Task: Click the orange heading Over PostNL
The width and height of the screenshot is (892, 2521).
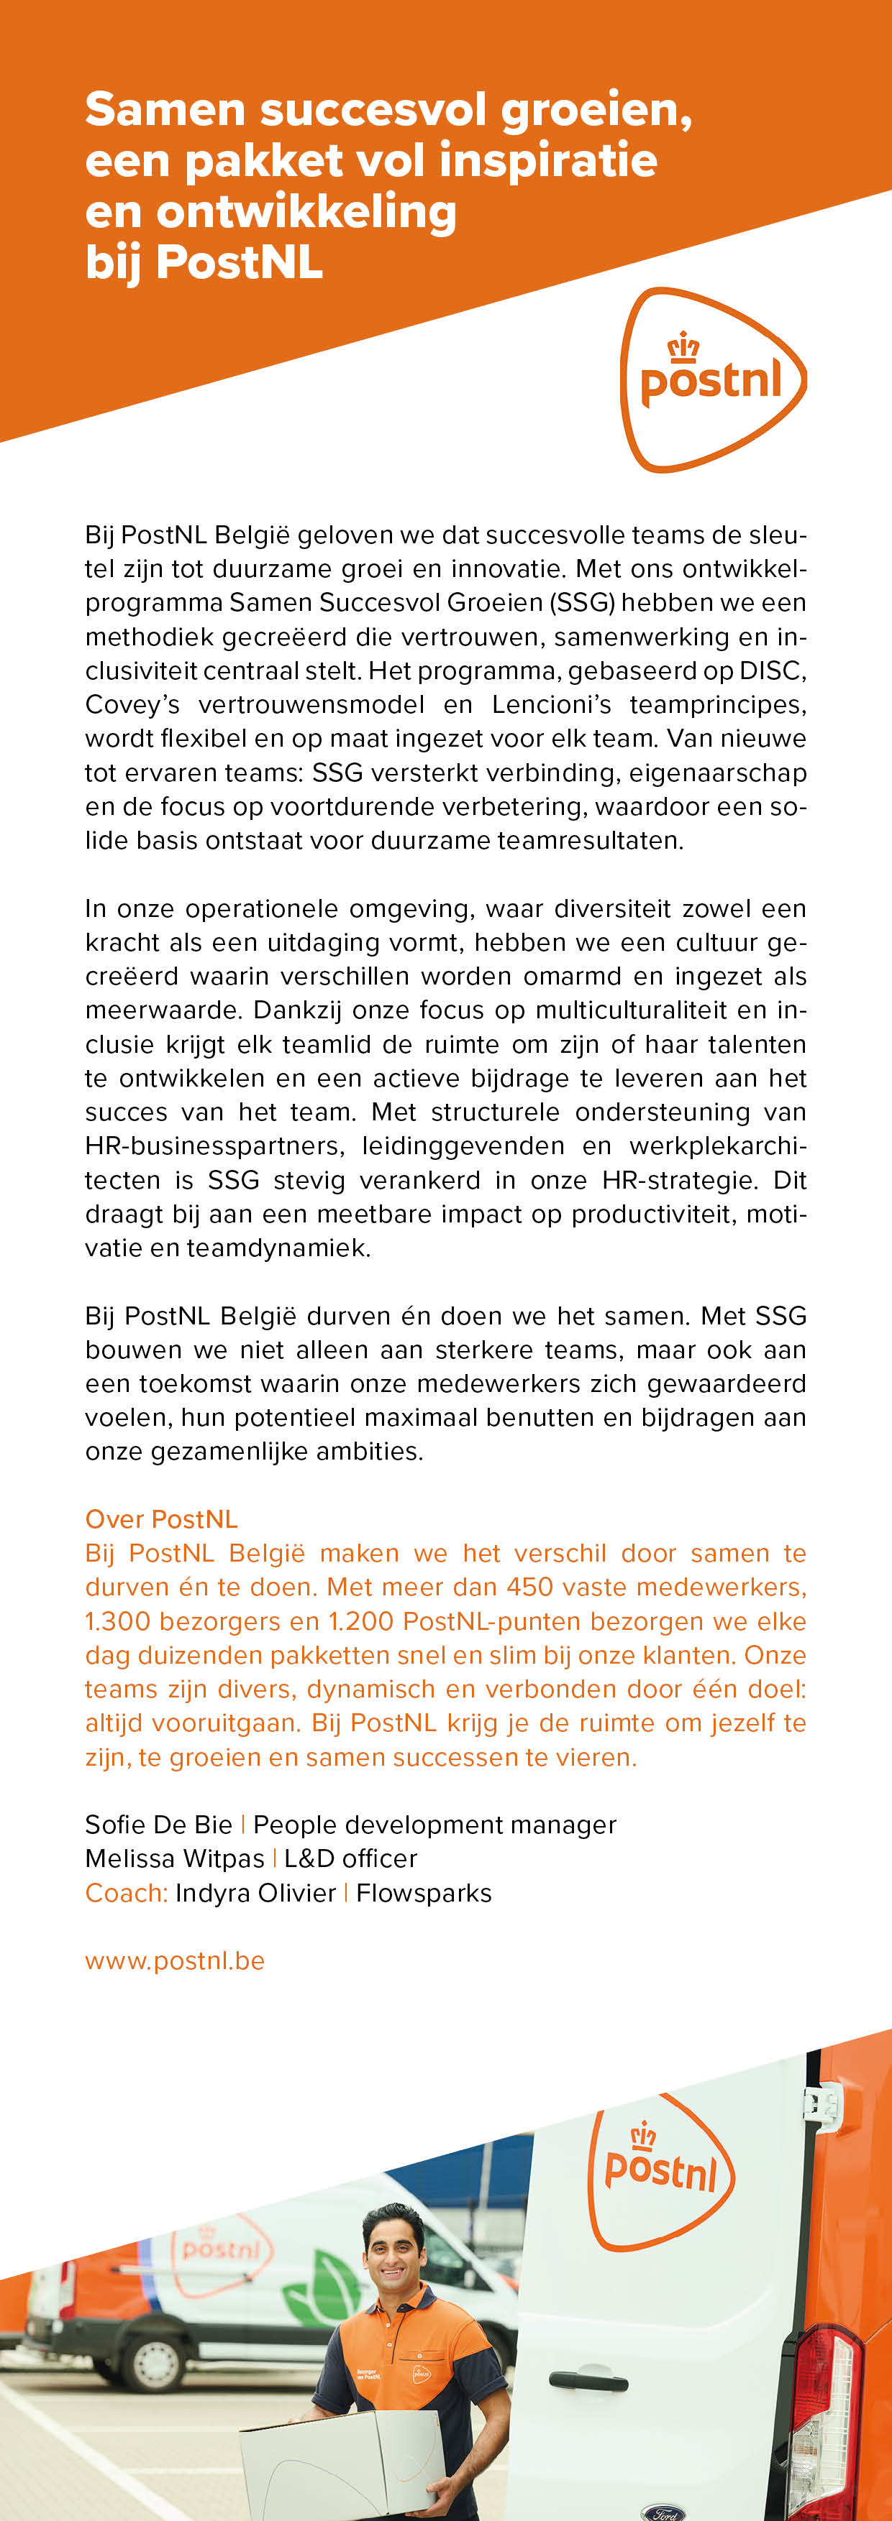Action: click(x=162, y=1519)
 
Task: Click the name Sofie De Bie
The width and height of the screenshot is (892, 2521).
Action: click(x=159, y=1824)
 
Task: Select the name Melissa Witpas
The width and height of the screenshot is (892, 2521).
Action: click(x=174, y=1858)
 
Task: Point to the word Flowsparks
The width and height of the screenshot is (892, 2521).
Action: click(x=423, y=1893)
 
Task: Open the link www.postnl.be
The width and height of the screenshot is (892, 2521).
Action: click(x=174, y=1960)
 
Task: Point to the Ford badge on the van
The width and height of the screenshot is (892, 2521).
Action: click(x=665, y=2511)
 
